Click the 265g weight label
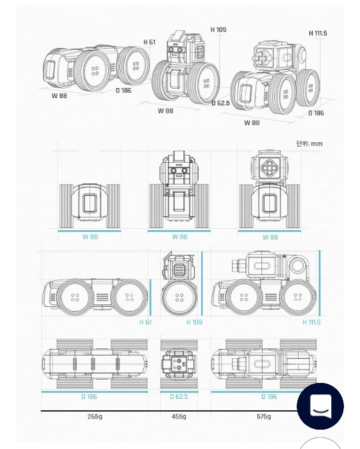click(x=95, y=416)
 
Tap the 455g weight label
click(x=179, y=416)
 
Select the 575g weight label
click(x=263, y=416)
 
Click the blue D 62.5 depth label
click(x=179, y=396)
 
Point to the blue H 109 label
click(x=194, y=322)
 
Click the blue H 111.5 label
click(x=311, y=322)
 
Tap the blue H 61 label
click(x=145, y=322)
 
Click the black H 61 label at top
click(x=149, y=42)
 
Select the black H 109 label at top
click(x=219, y=29)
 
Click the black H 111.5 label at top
click(x=317, y=33)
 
